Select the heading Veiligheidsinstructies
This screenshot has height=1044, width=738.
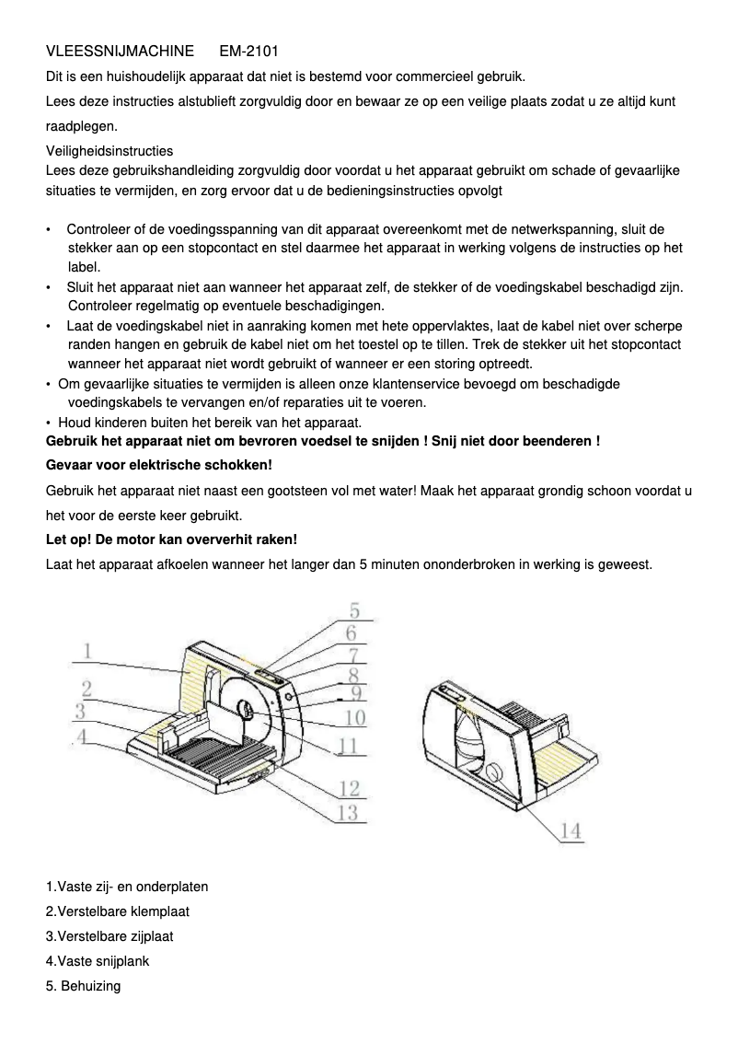tap(110, 150)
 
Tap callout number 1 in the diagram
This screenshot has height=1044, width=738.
tap(87, 651)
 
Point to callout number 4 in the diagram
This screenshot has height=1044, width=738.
tap(82, 737)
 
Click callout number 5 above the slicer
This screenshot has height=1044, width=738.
tap(353, 610)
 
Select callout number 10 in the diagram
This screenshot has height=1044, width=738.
tap(354, 717)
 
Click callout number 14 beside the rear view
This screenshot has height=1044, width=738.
tap(571, 830)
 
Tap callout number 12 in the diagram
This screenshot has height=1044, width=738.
tap(349, 787)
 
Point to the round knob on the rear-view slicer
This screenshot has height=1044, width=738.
tap(494, 771)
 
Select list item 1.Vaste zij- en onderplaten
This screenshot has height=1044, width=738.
tap(127, 887)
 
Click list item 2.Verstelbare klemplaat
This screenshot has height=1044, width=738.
tap(118, 911)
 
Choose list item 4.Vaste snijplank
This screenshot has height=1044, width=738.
tap(98, 961)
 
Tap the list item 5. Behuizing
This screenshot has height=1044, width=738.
tap(84, 986)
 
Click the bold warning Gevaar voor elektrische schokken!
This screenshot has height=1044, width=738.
tap(159, 465)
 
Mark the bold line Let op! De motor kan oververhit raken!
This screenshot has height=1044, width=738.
tap(171, 539)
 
